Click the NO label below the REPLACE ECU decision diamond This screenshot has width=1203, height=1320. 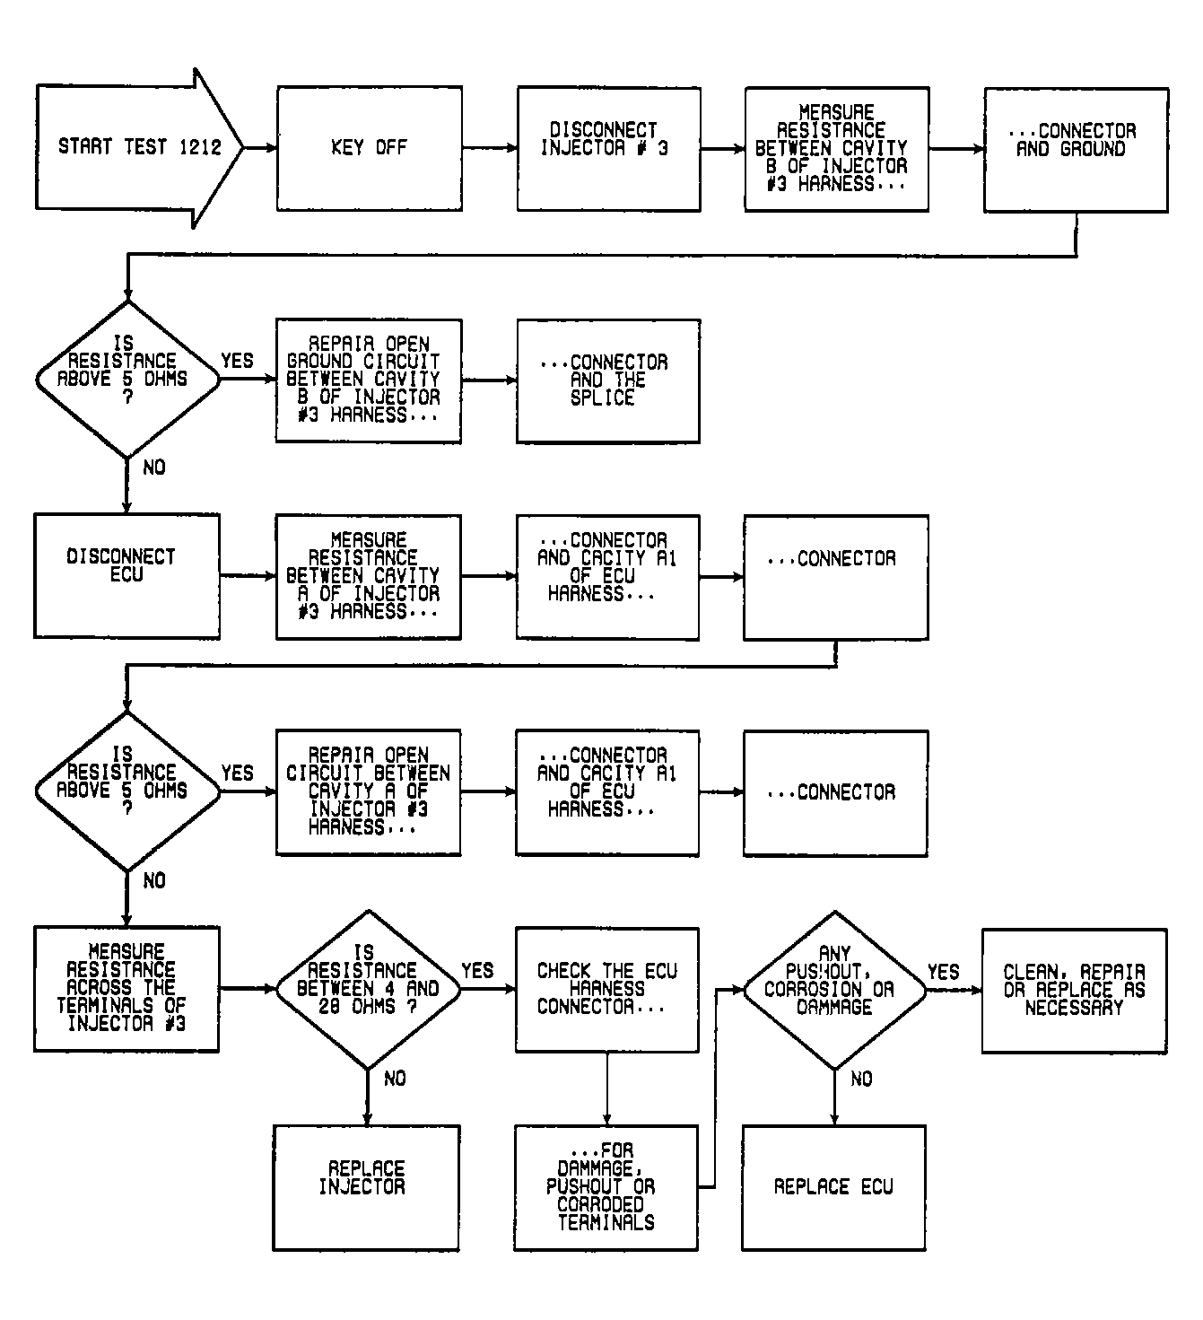pos(861,1079)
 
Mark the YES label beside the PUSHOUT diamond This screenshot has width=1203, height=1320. pos(944,972)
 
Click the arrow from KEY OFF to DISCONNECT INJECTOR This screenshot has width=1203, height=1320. pos(490,148)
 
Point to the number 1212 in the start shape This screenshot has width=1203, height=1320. pos(201,147)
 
